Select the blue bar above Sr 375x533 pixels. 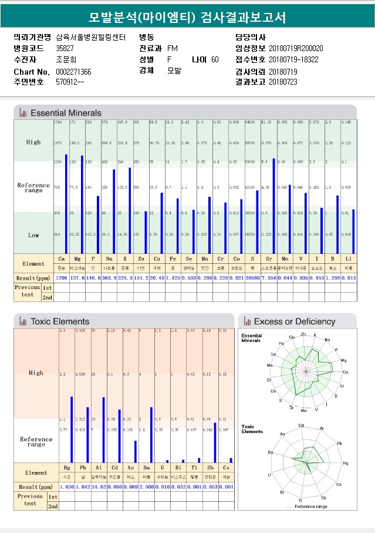[273, 206]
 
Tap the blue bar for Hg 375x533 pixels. [72, 430]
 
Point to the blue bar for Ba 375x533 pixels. [151, 435]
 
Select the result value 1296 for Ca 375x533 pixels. [62, 277]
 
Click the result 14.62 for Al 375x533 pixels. [99, 487]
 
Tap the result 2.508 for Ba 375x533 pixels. [147, 487]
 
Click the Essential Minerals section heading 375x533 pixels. [66, 113]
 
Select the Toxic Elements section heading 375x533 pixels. [60, 321]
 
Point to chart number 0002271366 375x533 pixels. [73, 72]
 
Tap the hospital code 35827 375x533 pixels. [65, 48]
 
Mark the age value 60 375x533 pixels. [215, 59]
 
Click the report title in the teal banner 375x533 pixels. [187, 17]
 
